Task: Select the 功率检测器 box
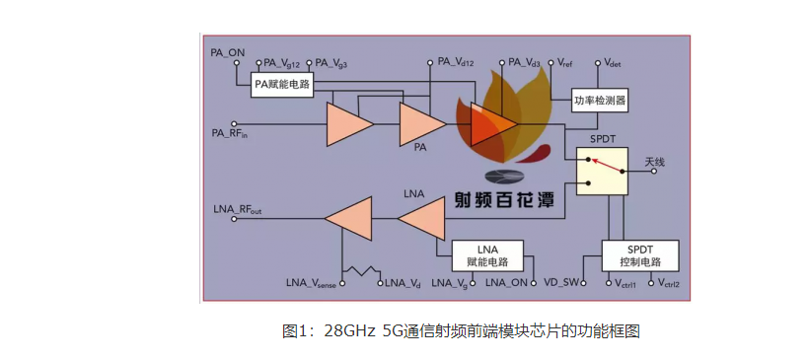(600, 101)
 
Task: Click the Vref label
(565, 61)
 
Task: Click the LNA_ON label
(507, 283)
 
